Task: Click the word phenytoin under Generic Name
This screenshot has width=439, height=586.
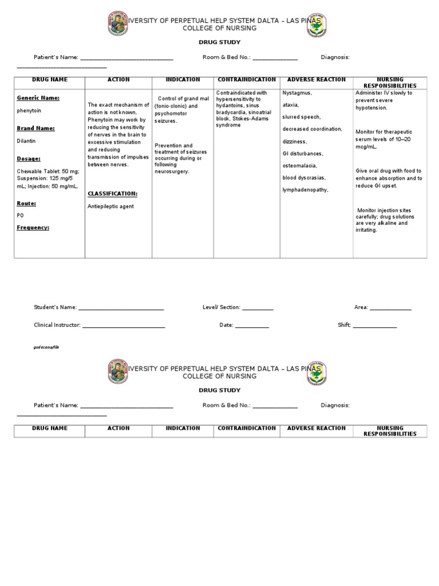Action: click(29, 110)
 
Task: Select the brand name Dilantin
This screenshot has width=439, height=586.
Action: click(26, 140)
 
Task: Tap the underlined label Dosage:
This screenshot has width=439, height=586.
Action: click(29, 159)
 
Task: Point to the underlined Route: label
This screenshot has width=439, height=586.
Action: click(26, 203)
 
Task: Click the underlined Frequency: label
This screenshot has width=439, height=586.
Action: click(33, 227)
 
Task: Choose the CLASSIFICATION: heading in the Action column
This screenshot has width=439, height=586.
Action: click(113, 193)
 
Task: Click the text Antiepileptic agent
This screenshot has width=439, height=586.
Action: click(110, 206)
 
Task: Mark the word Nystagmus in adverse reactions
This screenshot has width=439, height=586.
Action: click(297, 93)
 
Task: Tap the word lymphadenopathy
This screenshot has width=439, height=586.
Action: click(305, 189)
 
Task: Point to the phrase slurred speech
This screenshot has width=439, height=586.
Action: click(301, 117)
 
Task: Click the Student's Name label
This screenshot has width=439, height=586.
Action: click(55, 307)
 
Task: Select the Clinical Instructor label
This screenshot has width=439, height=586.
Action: click(57, 325)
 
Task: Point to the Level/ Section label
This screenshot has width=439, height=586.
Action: click(221, 307)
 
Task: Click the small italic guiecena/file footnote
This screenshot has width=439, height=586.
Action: click(46, 347)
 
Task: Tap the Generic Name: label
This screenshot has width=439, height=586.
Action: click(38, 98)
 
